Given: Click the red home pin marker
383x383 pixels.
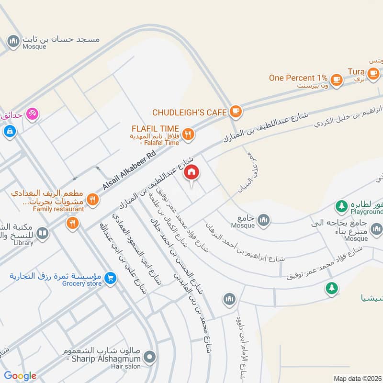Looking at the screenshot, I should [191, 173].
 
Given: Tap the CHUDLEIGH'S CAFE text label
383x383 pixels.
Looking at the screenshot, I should [189, 113].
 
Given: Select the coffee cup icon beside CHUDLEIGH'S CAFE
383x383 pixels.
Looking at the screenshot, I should [235, 112].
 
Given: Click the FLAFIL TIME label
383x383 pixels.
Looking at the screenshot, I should [156, 129].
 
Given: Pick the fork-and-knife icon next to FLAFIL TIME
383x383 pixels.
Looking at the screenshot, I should [188, 135].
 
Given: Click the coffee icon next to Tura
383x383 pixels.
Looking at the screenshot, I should [373, 73].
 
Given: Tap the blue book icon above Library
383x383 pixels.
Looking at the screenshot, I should [43, 233].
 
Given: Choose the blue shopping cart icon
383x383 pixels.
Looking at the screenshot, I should [111, 277].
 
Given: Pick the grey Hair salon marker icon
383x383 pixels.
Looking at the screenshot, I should [151, 357].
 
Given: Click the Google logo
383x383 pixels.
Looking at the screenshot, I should [20, 376].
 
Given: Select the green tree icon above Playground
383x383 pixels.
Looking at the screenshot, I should [341, 206].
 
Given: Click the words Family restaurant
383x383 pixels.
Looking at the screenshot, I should [58, 209].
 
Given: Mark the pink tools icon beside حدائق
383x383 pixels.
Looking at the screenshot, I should [33, 114].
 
